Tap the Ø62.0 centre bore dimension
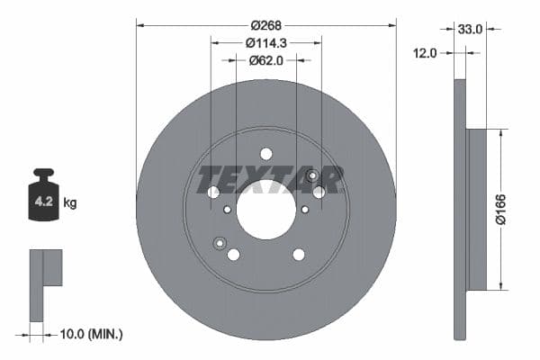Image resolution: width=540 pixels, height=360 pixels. pos(265,60)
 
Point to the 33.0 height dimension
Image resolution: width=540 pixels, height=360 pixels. pos(471,29)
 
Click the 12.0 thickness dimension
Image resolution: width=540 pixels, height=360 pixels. pos(426,53)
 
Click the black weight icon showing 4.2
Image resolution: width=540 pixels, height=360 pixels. pos(43,200)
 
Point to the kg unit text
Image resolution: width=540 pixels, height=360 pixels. pos(70,203)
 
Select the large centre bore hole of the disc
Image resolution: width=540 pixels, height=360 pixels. pos(265,210)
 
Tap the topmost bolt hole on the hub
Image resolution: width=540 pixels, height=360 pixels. pos(265,154)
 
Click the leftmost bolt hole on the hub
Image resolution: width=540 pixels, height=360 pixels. pos(213,193)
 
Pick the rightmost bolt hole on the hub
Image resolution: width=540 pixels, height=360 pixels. pos(319,192)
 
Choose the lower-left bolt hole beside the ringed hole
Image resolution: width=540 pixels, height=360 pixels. pos(233,255)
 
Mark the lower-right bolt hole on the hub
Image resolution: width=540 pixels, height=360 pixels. pos(299,255)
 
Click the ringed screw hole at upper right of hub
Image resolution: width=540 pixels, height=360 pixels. pos(311,175)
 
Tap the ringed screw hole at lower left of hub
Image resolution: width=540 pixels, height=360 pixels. pos(219,242)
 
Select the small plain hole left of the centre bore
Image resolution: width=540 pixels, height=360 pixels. pos(227,210)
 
